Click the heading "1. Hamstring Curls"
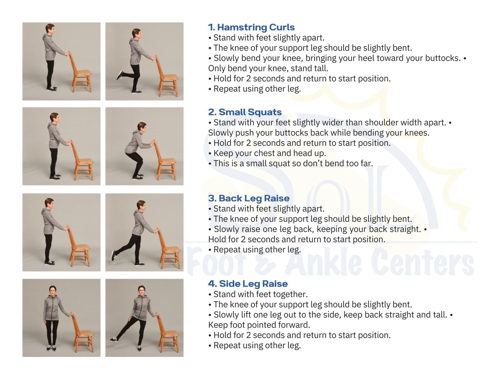[251, 27]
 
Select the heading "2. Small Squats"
[245, 112]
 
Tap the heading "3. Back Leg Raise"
[249, 198]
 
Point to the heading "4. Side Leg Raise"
[248, 284]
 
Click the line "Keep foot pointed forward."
[259, 325]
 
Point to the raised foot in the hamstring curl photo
[120, 75]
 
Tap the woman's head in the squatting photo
[142, 127]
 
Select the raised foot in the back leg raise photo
[114, 255]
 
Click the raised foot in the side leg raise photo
[114, 339]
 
